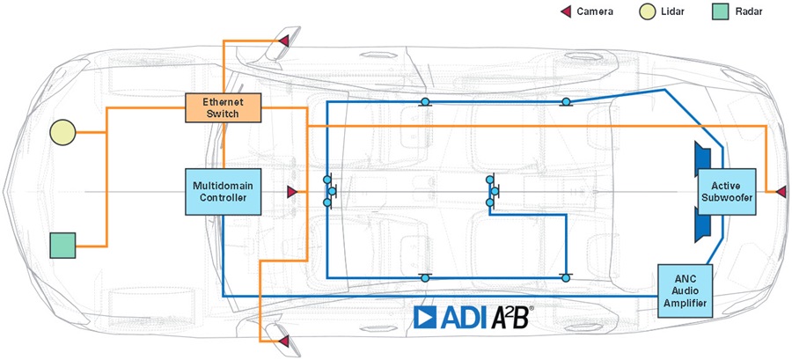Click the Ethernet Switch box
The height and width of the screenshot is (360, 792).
pyautogui.click(x=224, y=107)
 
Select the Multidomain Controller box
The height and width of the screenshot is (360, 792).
pyautogui.click(x=223, y=192)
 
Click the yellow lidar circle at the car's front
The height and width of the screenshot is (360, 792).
pyautogui.click(x=62, y=132)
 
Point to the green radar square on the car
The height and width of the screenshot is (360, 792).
pyautogui.click(x=62, y=245)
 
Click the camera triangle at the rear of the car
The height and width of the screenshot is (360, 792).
pyautogui.click(x=780, y=191)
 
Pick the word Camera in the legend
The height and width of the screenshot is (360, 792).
pyautogui.click(x=595, y=11)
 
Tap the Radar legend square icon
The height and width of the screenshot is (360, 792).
pyautogui.click(x=720, y=11)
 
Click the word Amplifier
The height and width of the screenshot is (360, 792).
pyautogui.click(x=684, y=304)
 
